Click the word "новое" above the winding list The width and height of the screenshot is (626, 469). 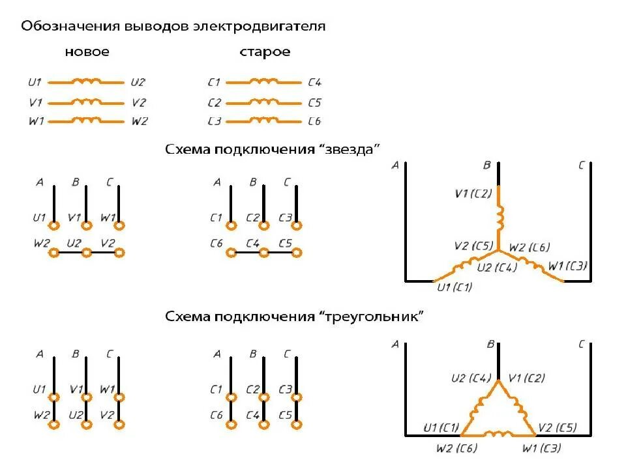click(87, 52)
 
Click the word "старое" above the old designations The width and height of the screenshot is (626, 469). click(265, 52)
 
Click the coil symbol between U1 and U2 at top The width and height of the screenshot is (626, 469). click(87, 82)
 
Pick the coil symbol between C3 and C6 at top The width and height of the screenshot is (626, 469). click(264, 121)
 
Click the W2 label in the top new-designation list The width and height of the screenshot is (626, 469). click(140, 121)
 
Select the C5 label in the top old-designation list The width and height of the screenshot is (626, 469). click(314, 102)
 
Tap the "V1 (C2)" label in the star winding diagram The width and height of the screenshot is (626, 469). click(473, 193)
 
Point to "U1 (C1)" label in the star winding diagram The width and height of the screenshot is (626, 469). click(454, 287)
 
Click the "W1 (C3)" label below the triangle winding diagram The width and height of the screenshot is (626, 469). click(541, 448)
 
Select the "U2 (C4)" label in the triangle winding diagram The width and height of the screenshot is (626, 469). click(471, 378)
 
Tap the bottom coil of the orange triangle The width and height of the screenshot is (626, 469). click(499, 433)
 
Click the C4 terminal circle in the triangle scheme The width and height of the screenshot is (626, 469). click(263, 424)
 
